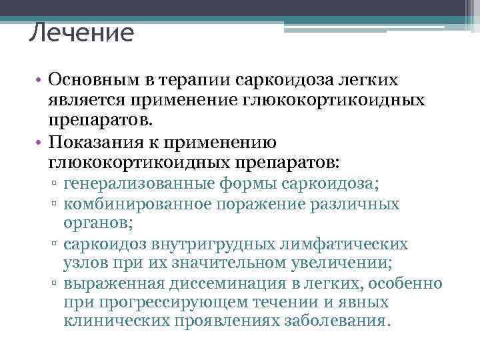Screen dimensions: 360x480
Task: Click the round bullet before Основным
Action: (41, 81)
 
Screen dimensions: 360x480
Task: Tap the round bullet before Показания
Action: (41, 143)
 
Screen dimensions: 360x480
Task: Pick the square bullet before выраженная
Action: (57, 284)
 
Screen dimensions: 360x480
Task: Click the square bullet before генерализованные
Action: (57, 184)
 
